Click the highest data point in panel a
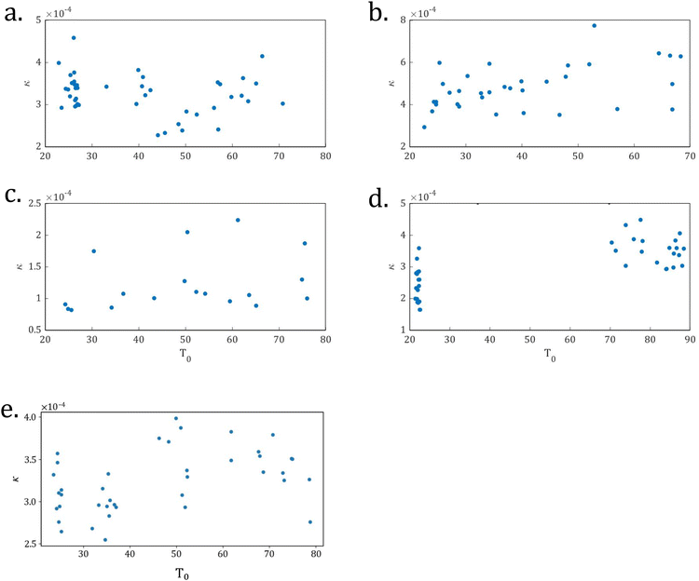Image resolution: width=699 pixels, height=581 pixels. [74, 38]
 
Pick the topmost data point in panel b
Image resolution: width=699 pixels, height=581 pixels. [594, 25]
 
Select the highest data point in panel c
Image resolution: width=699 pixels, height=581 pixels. [238, 220]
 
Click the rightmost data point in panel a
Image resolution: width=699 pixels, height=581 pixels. [282, 103]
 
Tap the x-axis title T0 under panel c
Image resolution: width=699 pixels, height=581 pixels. [185, 356]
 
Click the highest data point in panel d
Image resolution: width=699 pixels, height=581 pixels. [640, 220]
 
